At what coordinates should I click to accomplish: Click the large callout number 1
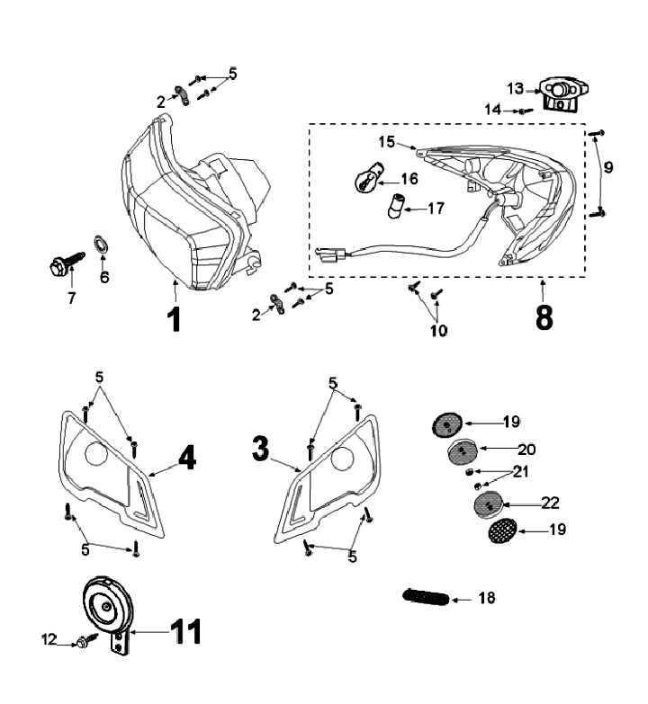pyautogui.click(x=175, y=318)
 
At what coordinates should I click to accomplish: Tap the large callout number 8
pyautogui.click(x=544, y=316)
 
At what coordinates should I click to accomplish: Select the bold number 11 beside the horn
pyautogui.click(x=184, y=631)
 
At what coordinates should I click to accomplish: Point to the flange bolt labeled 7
pyautogui.click(x=60, y=267)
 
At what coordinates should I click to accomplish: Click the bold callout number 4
pyautogui.click(x=184, y=459)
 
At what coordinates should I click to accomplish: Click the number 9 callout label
pyautogui.click(x=608, y=167)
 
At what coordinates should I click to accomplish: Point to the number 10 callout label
pyautogui.click(x=438, y=330)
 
